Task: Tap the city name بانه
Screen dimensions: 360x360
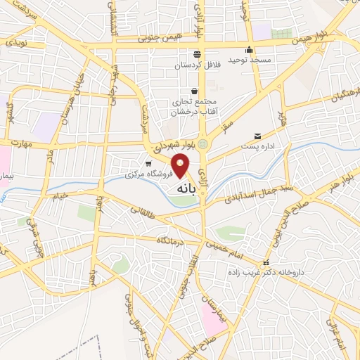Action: click(x=181, y=188)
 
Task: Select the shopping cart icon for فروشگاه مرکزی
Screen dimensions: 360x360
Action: click(x=148, y=162)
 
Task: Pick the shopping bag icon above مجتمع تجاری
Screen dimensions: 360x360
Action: click(x=194, y=91)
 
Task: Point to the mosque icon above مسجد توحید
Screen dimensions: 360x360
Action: click(x=249, y=50)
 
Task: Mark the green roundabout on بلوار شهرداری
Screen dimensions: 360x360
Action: click(x=203, y=143)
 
